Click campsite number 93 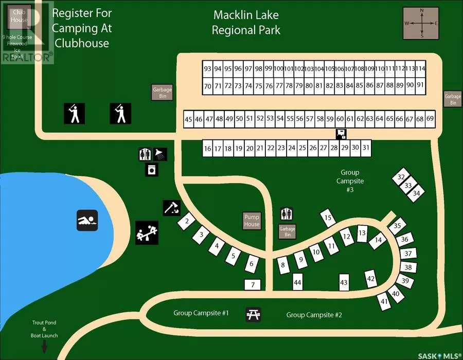207,69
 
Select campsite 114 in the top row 421,68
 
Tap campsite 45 188,119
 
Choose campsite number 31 366,148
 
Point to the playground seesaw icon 147,232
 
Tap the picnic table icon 253,314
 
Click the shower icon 161,154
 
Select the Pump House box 252,221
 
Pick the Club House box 20,15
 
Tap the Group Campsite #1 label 201,313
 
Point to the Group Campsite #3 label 350,181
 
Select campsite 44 297,282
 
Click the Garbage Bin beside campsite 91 453,99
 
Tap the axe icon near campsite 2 171,208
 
